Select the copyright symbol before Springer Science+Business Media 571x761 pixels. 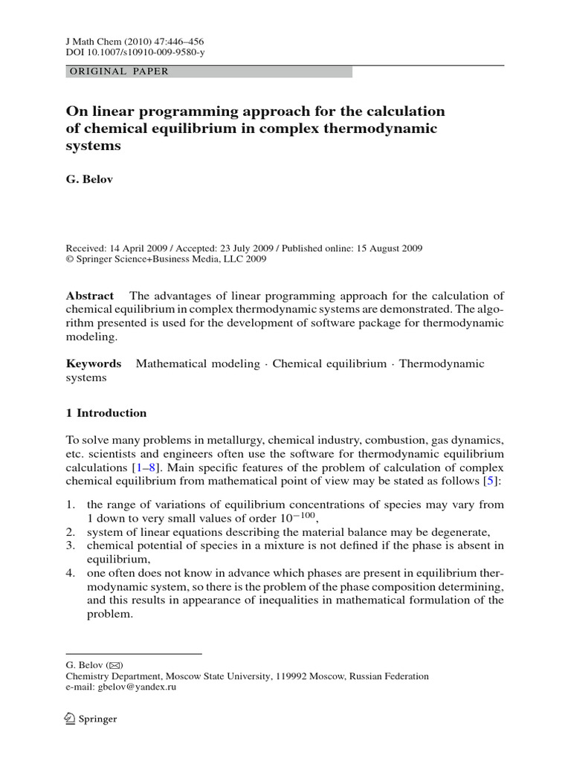click(x=71, y=259)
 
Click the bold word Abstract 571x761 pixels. click(x=90, y=295)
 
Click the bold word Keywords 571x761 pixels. click(x=94, y=363)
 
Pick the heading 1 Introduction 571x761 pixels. click(x=106, y=413)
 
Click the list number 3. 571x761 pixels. click(x=71, y=546)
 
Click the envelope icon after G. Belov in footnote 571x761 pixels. click(x=115, y=665)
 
